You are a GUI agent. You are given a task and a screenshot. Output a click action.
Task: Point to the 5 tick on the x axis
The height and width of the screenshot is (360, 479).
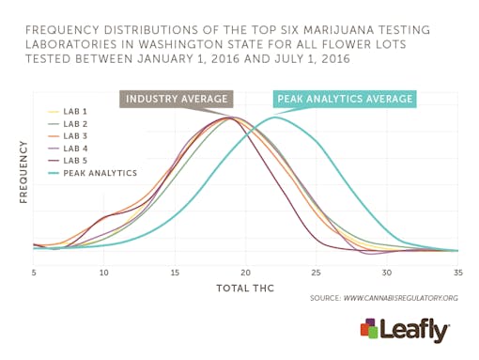point(34,273)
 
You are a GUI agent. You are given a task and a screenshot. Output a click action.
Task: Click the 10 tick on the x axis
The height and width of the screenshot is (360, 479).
point(103,273)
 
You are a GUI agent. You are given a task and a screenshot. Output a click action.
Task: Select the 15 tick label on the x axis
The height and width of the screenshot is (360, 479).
point(175,273)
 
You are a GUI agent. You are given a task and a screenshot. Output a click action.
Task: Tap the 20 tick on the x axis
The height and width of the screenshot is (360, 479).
point(245,273)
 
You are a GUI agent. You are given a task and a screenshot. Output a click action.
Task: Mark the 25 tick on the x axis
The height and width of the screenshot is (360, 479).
point(317,273)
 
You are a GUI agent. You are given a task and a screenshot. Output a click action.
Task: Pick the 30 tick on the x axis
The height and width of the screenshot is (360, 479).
point(387,273)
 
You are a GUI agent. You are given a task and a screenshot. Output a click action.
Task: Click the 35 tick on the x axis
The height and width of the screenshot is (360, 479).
point(457,273)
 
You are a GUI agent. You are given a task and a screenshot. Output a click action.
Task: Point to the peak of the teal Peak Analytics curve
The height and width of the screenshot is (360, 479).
point(275,117)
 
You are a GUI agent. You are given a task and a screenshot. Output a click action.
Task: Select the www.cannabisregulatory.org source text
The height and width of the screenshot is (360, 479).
point(401,298)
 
